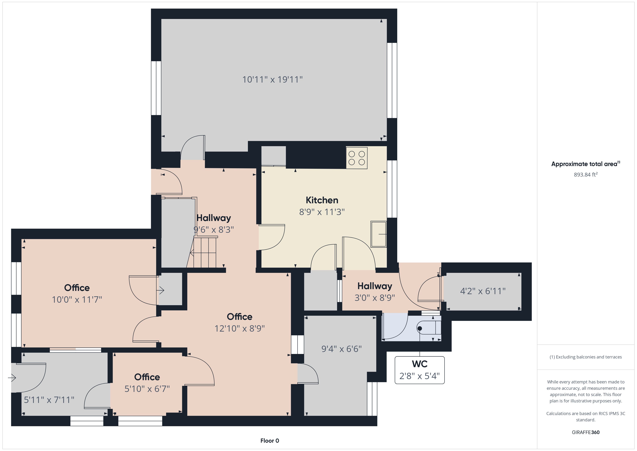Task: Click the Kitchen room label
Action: [322, 200]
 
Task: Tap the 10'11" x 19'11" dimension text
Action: [272, 80]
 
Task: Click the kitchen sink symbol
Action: [379, 234]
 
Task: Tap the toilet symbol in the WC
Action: [429, 328]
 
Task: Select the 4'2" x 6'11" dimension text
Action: [483, 291]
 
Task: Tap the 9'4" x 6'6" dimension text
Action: [342, 349]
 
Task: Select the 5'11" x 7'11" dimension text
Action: [49, 400]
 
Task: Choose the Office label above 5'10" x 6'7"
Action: [147, 377]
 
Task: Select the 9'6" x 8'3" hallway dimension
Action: [214, 229]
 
